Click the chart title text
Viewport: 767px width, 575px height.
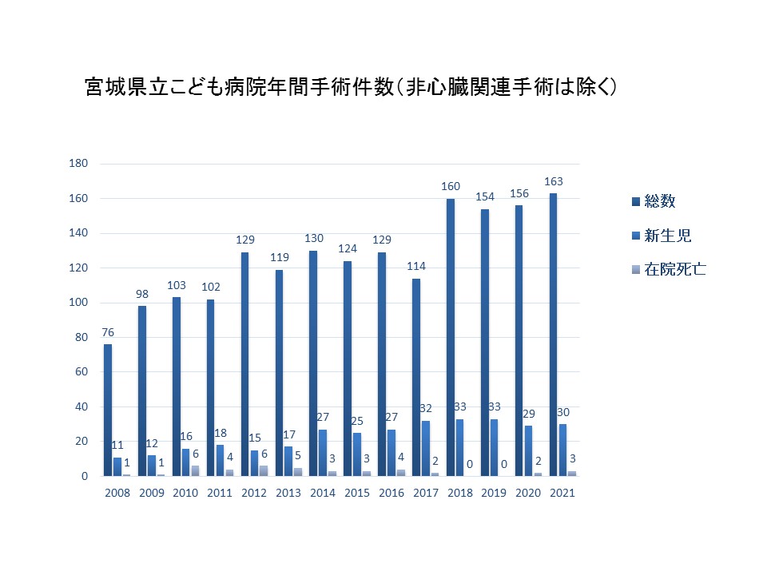pyautogui.click(x=352, y=88)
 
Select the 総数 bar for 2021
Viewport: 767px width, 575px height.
pyautogui.click(x=554, y=335)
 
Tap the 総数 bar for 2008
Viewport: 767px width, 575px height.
pyautogui.click(x=108, y=410)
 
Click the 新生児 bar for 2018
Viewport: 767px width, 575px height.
pyautogui.click(x=460, y=447)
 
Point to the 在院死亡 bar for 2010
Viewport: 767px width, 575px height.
pyautogui.click(x=196, y=470)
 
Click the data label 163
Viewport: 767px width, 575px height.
pyautogui.click(x=554, y=181)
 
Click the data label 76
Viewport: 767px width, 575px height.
pyautogui.click(x=108, y=333)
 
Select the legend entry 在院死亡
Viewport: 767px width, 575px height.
pyautogui.click(x=669, y=269)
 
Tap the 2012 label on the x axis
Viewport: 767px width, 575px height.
pyautogui.click(x=254, y=493)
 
